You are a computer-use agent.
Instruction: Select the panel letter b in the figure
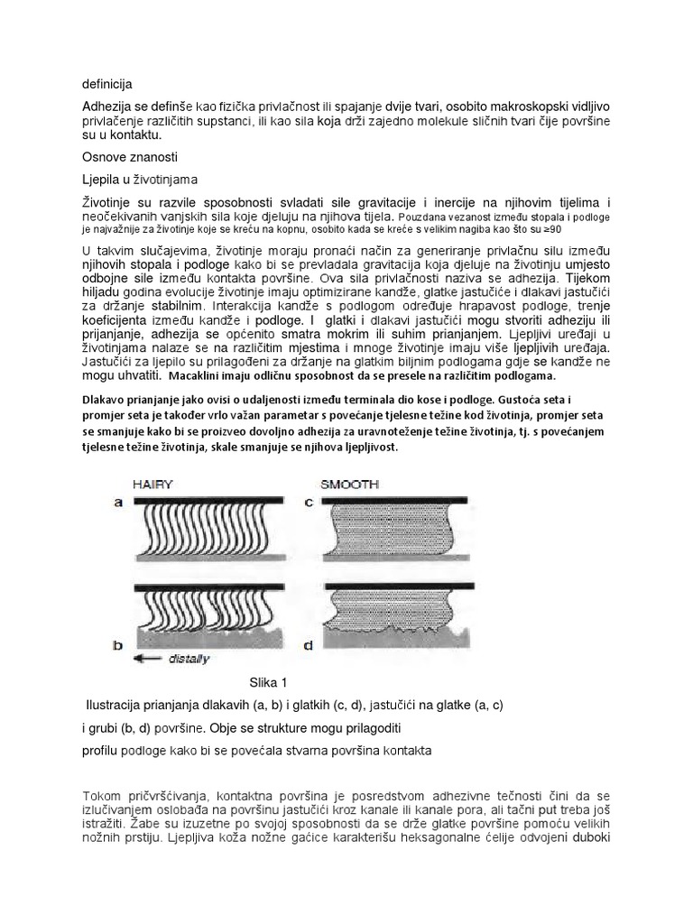click(117, 644)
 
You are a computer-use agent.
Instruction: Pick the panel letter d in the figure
click(309, 644)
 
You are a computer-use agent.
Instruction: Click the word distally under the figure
click(188, 659)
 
